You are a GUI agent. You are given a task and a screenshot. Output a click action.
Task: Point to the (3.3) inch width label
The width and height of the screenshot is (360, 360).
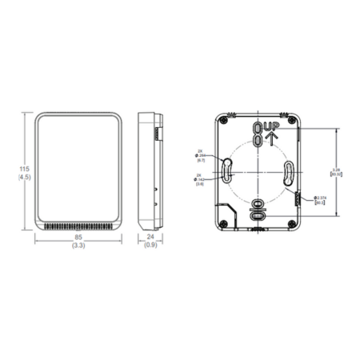78,246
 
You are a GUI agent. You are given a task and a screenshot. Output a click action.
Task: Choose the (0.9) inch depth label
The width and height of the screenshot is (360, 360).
150,246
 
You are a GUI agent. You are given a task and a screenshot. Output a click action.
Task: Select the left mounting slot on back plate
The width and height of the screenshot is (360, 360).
226,169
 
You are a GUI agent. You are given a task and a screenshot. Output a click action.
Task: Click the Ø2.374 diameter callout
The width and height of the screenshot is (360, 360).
326,198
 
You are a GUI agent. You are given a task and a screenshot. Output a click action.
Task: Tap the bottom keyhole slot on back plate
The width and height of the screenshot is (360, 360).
257,211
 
